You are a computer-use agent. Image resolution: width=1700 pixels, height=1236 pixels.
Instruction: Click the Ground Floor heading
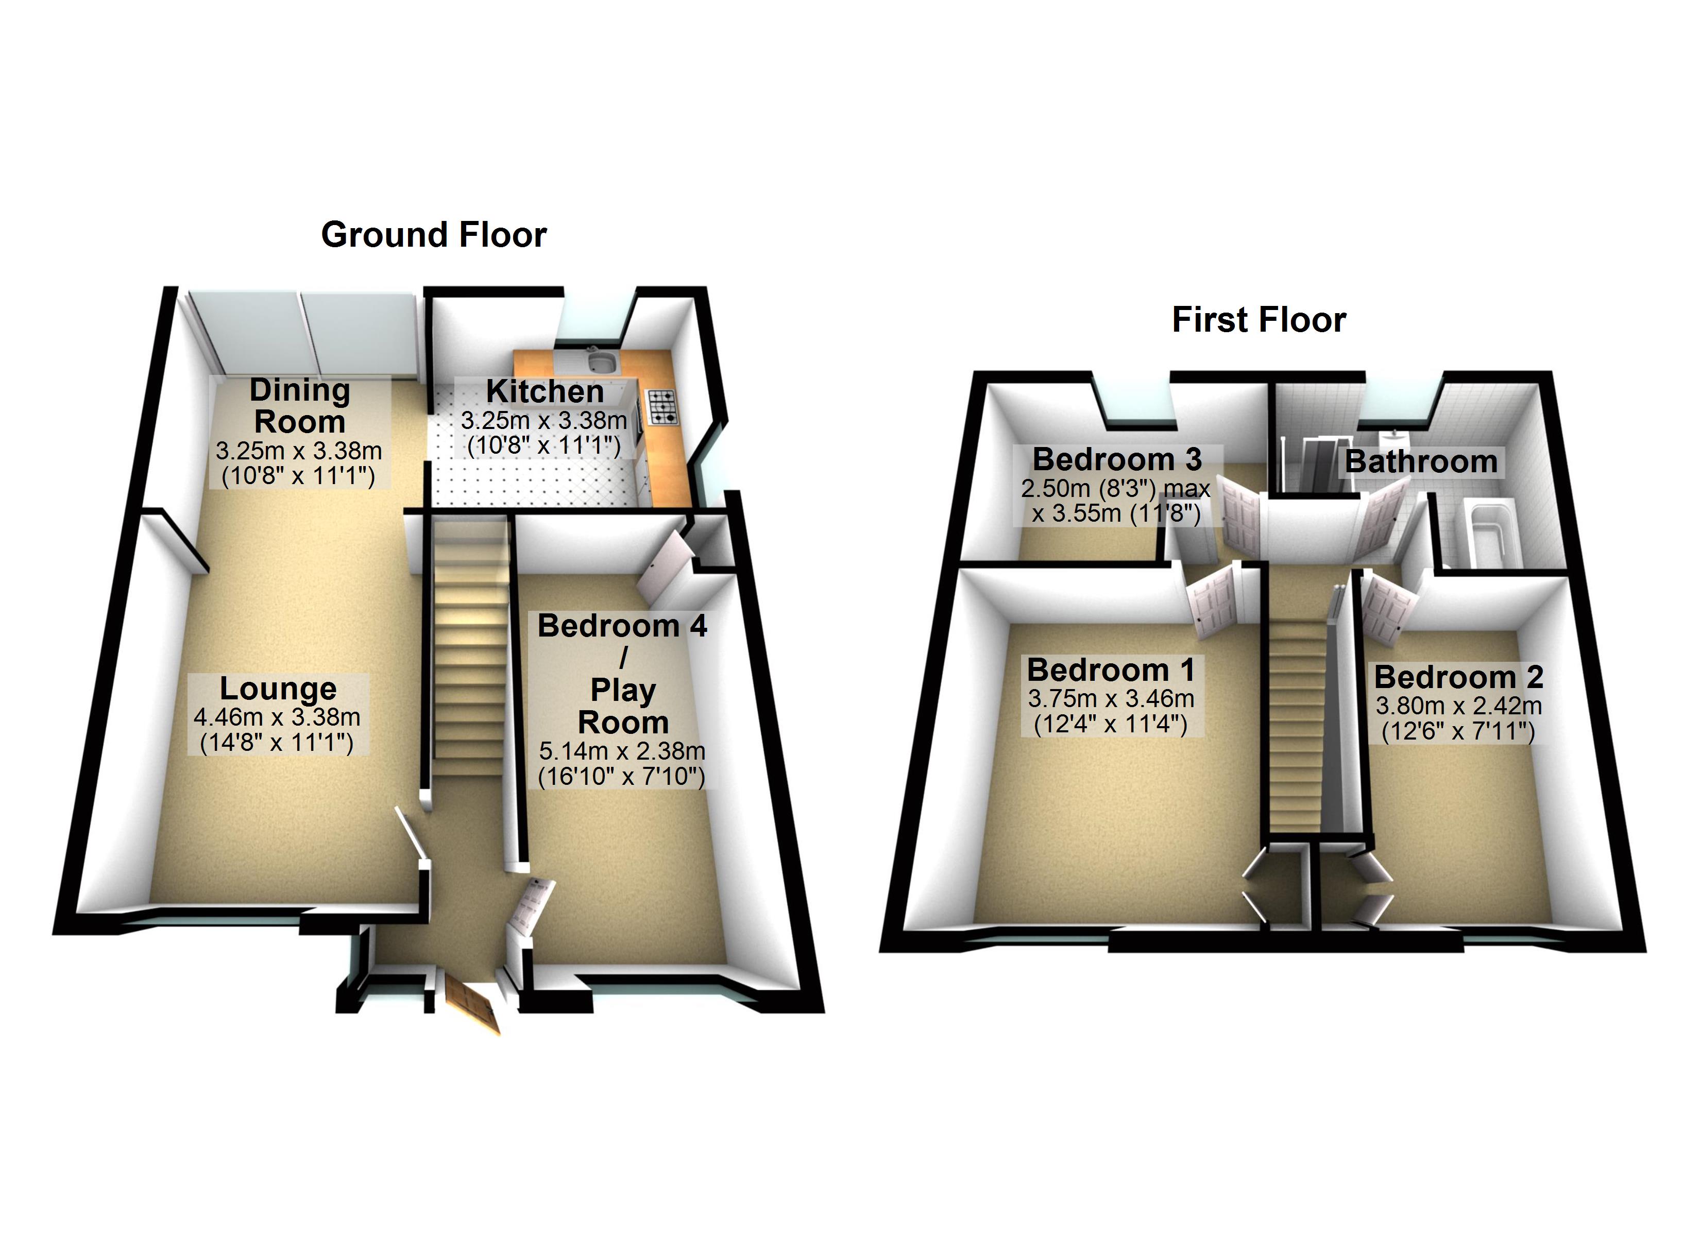click(x=434, y=235)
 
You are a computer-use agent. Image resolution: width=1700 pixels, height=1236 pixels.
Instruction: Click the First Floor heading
click(x=1259, y=320)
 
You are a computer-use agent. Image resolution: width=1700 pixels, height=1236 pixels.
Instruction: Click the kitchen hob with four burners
click(x=661, y=407)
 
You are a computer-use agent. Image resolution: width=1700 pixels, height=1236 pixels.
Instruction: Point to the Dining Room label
click(x=300, y=405)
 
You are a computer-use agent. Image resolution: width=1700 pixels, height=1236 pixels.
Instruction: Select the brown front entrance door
click(x=472, y=1004)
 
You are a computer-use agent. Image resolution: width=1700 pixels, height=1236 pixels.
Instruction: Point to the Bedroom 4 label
click(x=622, y=626)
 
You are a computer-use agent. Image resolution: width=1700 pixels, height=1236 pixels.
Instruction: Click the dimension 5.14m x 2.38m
click(x=622, y=751)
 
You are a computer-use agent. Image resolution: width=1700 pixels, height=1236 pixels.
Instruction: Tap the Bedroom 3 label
click(x=1117, y=459)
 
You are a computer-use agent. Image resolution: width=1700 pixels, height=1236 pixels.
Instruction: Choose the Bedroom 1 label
click(x=1111, y=669)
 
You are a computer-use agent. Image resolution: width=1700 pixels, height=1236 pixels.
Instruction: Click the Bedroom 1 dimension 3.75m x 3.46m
click(x=1111, y=698)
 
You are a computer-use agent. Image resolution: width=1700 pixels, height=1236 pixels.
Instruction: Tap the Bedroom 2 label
click(x=1458, y=677)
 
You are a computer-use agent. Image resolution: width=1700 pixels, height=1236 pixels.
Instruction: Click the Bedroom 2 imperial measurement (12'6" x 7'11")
click(x=1458, y=731)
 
